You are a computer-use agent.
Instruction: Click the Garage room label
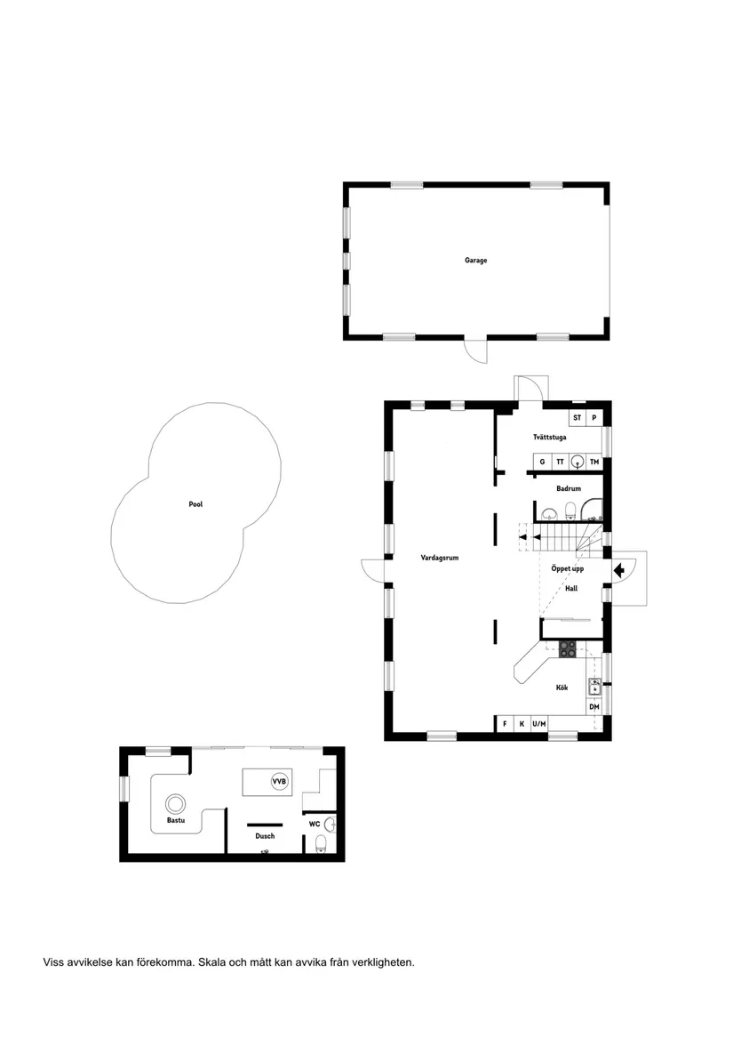pos(475,261)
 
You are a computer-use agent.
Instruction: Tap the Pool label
pos(195,504)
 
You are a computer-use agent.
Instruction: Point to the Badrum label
pos(569,489)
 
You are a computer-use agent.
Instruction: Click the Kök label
pos(562,688)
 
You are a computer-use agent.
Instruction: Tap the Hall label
pos(571,588)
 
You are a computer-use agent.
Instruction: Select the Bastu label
pos(176,821)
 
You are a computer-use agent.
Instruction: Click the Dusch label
pos(265,836)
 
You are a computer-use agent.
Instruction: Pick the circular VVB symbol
pos(279,782)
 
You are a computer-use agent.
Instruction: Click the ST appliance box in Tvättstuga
pos(577,417)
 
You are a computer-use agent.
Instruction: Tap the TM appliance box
pos(594,463)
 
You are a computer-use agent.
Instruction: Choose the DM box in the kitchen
pos(594,707)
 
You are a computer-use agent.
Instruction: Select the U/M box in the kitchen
pos(539,724)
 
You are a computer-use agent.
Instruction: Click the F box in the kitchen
pos(505,724)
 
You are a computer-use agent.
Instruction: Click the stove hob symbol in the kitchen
pos(568,649)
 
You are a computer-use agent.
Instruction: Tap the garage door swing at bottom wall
pos(477,350)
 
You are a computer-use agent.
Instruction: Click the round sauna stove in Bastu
pos(178,803)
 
